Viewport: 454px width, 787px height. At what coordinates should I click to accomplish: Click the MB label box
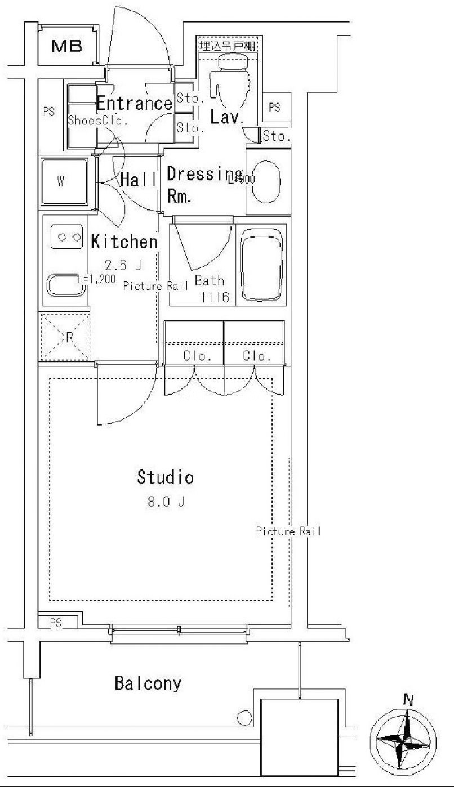point(67,46)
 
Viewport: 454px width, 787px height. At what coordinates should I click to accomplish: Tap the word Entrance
point(134,104)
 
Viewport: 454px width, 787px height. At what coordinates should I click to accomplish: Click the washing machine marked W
point(64,182)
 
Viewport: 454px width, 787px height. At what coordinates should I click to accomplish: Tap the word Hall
point(138,180)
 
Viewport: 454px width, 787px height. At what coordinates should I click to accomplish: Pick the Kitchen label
point(124,242)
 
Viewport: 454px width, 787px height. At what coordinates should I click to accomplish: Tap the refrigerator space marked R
point(65,337)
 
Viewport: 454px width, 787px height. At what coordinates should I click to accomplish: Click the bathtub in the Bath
point(261,265)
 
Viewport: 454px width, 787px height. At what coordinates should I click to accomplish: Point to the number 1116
point(215,298)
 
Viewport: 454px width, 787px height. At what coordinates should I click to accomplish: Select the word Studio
point(166,478)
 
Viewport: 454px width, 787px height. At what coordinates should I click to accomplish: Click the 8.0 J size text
point(166,503)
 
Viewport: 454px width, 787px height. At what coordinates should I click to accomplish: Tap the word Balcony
point(148,684)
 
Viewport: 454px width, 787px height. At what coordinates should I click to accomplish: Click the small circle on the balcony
point(244,718)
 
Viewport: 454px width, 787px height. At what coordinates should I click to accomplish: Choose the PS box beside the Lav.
point(274,108)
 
